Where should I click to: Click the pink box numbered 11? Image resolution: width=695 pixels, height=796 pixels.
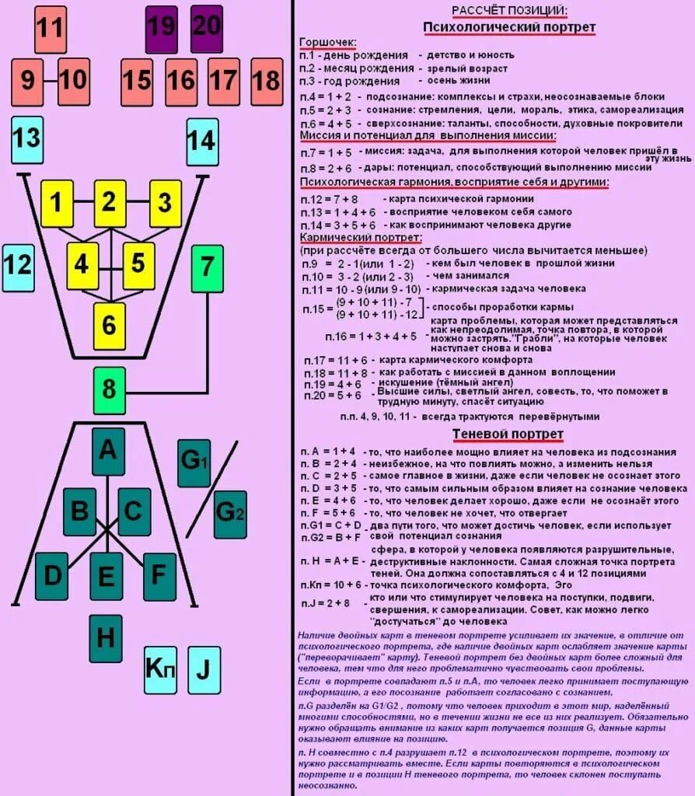pos(51,30)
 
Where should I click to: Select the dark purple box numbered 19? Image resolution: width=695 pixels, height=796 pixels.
pos(161,30)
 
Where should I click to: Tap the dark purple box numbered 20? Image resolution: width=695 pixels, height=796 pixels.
pos(206,30)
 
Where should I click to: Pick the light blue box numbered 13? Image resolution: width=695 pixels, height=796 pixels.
pos(27,140)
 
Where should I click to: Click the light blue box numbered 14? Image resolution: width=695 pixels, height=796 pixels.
pos(202,141)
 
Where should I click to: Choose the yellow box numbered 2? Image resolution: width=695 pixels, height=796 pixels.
pos(110,203)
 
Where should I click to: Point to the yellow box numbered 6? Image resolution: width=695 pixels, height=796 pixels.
pos(109,325)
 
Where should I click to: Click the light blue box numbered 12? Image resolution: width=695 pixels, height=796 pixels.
pos(17,267)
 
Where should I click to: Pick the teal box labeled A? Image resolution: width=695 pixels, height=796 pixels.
pos(108,451)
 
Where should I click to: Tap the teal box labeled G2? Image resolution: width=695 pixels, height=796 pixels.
pos(230,515)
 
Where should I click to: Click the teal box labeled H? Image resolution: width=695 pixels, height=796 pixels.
pos(106,638)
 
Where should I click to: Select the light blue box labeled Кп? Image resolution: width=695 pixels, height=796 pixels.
pos(160,669)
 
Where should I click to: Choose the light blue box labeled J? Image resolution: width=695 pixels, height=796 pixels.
pos(204,669)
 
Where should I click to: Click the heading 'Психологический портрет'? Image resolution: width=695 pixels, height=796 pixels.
pos(509,28)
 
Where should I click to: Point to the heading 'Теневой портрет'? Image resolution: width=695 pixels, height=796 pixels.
pos(508,434)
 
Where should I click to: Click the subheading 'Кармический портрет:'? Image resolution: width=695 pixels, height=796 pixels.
pos(360,237)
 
